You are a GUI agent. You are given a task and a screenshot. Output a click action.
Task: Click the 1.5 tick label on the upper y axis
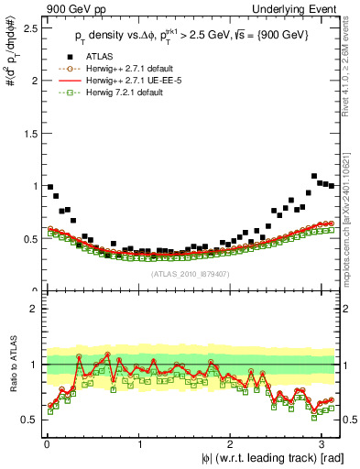29,133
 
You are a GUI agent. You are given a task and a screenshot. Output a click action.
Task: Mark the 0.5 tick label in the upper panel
29,238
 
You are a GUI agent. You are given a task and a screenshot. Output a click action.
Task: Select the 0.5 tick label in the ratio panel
29,420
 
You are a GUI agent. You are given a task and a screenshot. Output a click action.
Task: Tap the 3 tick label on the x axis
323,443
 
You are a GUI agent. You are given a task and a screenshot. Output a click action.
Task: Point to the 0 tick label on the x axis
46,443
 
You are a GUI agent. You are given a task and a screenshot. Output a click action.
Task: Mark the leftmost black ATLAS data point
49,187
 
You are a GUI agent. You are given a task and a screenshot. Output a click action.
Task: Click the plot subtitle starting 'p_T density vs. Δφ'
191,35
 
